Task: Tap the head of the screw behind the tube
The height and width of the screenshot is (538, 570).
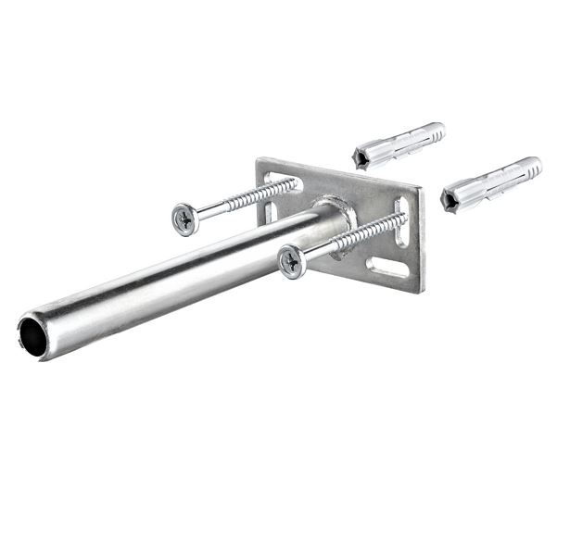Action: tap(184, 219)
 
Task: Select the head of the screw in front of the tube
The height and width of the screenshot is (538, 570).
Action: tap(291, 261)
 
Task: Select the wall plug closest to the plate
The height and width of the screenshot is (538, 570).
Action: tap(399, 143)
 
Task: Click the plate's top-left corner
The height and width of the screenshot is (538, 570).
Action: tap(260, 160)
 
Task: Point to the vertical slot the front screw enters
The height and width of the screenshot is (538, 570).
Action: tap(401, 223)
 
